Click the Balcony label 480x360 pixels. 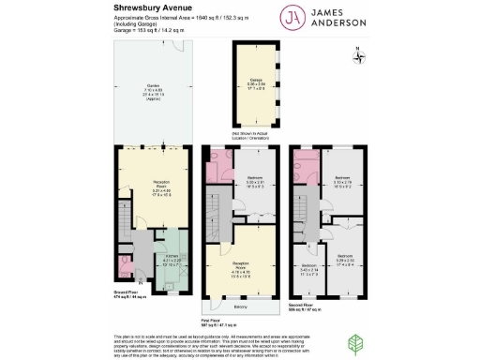(x=238, y=305)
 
